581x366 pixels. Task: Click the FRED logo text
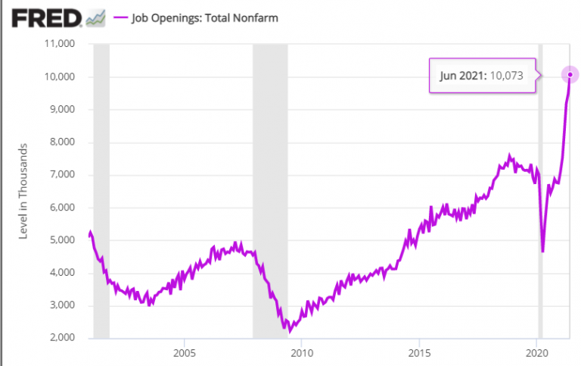pos(46,17)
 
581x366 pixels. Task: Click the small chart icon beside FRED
pos(96,17)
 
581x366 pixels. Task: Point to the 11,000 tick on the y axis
pos(57,44)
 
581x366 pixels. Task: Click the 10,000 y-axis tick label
pos(57,77)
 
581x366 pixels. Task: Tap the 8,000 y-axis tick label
pos(60,142)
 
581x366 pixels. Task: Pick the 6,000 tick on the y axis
pos(60,208)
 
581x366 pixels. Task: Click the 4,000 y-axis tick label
pos(60,273)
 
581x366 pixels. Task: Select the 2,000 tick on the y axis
pos(60,338)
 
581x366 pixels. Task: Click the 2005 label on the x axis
pos(184,352)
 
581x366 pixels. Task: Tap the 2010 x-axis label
pos(301,352)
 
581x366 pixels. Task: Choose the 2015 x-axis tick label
pos(419,352)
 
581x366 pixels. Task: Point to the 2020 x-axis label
pos(536,352)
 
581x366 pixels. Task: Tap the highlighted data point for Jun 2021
pos(570,74)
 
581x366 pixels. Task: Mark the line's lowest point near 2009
pos(289,331)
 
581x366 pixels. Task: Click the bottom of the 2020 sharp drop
pos(542,251)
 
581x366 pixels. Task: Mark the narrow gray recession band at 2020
pos(540,189)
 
